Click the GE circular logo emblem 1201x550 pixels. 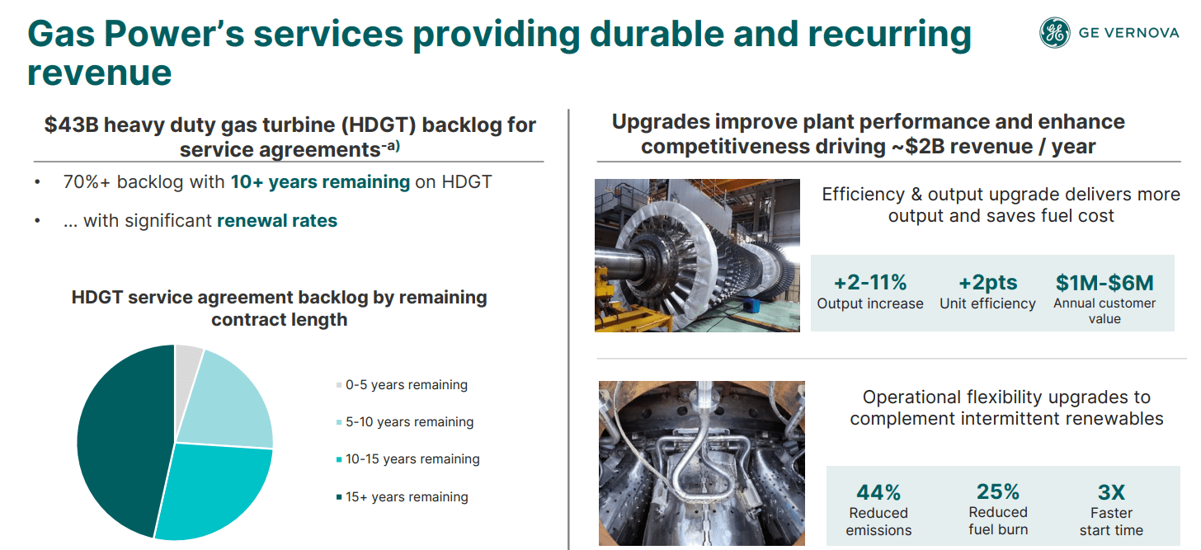tap(1054, 33)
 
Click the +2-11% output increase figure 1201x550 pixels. tap(869, 283)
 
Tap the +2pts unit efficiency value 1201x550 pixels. tap(987, 283)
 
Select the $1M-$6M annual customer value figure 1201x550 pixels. tap(1104, 283)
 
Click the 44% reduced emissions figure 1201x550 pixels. tap(878, 493)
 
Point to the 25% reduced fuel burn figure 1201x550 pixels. tap(998, 492)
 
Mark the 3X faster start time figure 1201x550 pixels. tap(1111, 493)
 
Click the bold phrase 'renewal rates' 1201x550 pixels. tap(277, 221)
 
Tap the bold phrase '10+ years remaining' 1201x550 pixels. tap(320, 182)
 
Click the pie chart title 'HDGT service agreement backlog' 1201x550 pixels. tap(279, 298)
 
